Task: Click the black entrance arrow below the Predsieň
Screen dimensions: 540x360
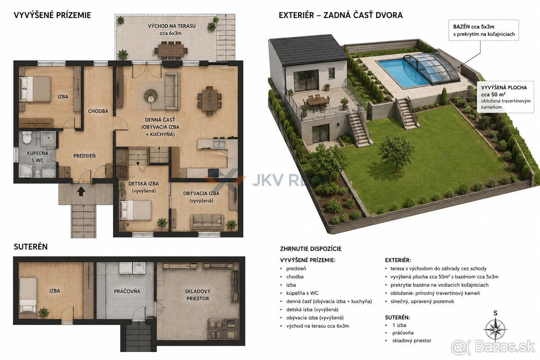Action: [x=81, y=191]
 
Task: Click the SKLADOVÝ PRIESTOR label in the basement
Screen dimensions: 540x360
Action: [x=198, y=295]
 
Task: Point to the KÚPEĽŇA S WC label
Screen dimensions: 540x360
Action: [x=37, y=157]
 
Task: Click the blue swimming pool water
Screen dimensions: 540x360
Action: [x=405, y=71]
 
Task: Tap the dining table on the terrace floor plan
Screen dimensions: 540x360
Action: [x=171, y=50]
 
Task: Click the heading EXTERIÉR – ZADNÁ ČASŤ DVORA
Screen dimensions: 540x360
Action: [x=341, y=15]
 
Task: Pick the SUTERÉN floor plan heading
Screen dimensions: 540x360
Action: [x=31, y=247]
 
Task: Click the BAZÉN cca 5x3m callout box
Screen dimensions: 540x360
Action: [x=484, y=30]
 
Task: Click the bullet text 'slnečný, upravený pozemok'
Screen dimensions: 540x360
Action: [x=422, y=301]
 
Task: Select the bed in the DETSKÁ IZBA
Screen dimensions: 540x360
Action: [x=136, y=210]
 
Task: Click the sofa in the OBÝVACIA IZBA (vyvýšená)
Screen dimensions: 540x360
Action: [x=207, y=222]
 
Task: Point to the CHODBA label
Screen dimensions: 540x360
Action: [x=98, y=111]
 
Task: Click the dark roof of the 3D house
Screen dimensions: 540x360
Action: [x=309, y=50]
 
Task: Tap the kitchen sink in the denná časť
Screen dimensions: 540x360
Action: [x=219, y=144]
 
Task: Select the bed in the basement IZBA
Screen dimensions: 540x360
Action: [x=28, y=295]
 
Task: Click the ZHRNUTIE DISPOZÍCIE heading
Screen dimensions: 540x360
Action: [x=311, y=248]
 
